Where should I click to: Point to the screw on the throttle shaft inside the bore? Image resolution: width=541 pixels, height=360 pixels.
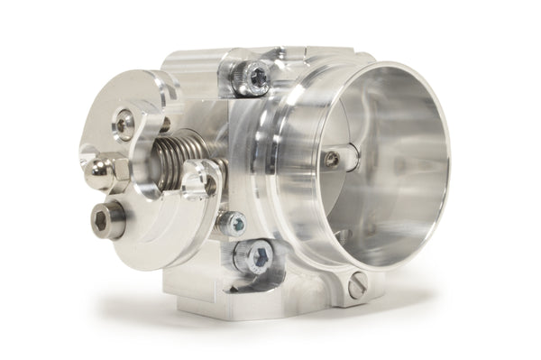point(334,159)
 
